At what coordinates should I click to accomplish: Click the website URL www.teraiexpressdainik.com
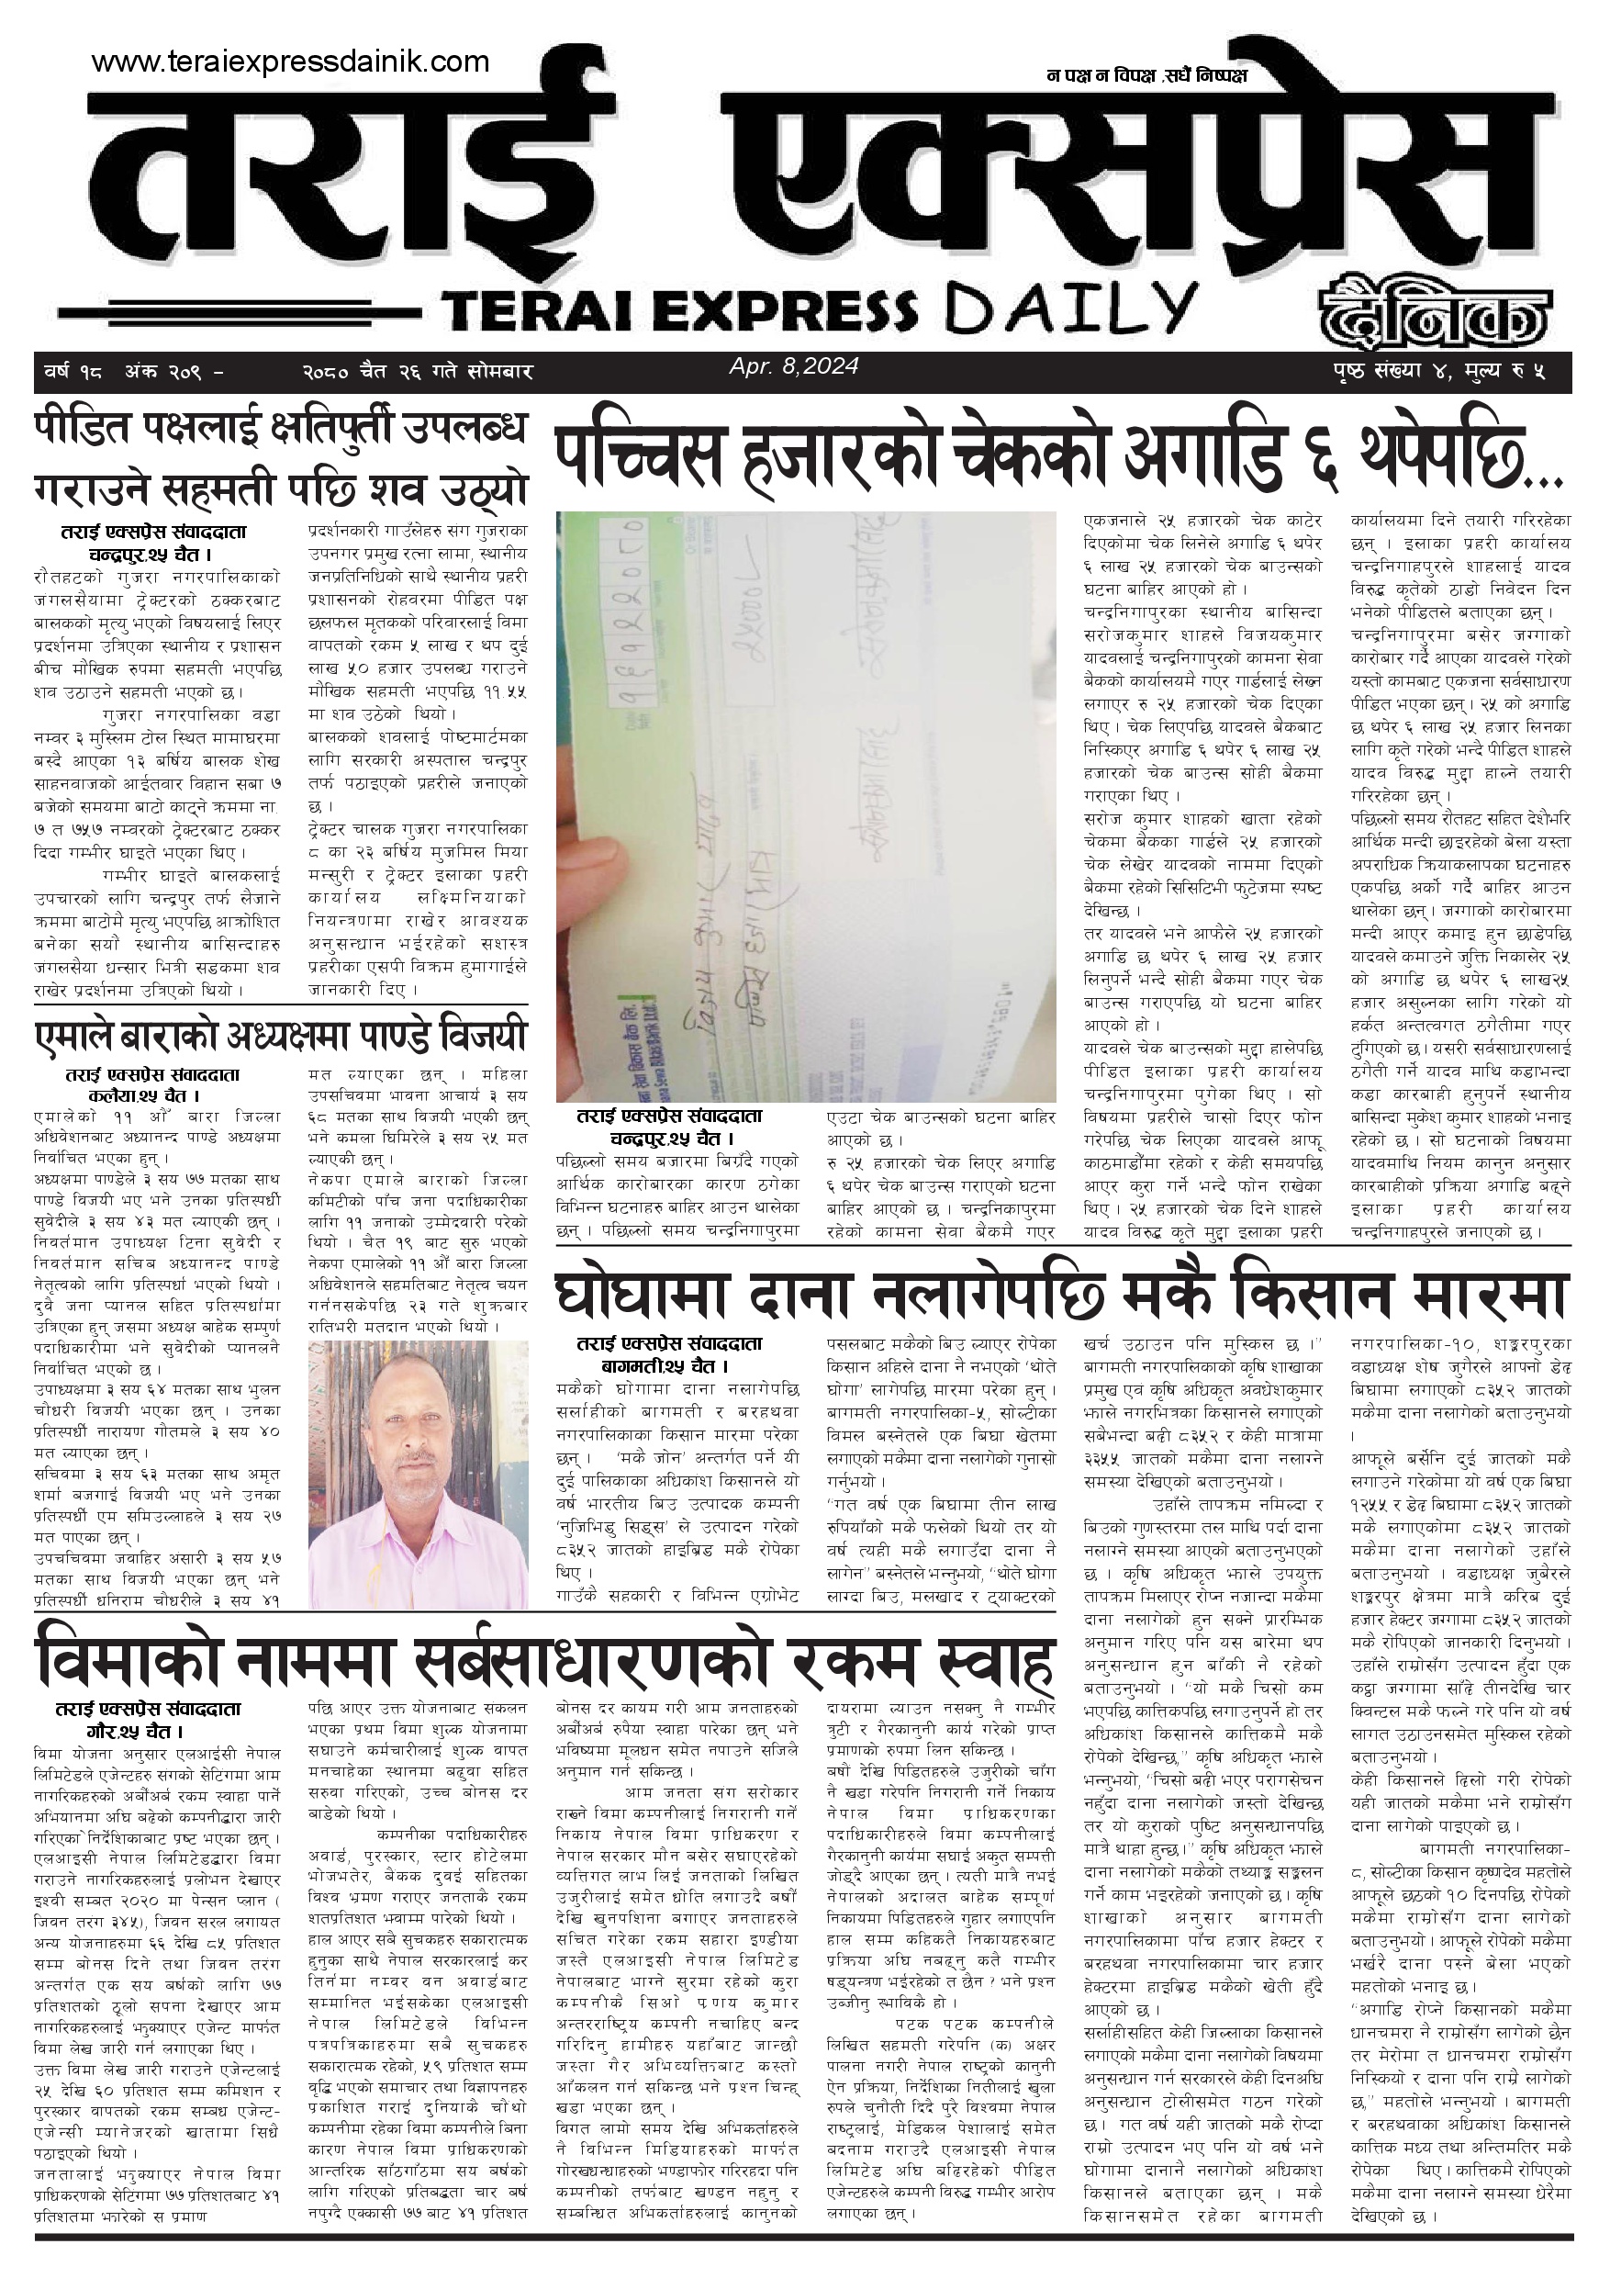click(290, 62)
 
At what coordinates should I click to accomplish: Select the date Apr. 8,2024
click(794, 366)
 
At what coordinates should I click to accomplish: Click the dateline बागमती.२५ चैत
click(668, 1365)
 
